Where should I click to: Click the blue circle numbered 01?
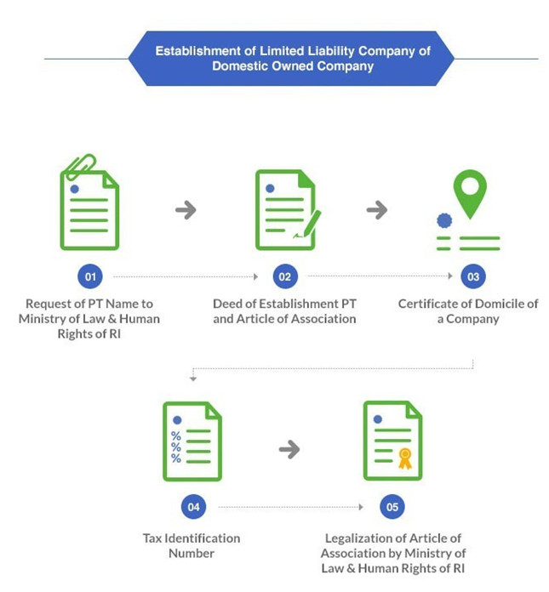pos(90,276)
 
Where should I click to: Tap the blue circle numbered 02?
pos(285,276)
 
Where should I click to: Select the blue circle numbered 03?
pos(473,276)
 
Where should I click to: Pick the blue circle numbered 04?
pos(193,507)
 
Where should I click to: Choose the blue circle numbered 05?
pos(392,507)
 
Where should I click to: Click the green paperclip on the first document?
pos(80,167)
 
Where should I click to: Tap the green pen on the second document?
pos(309,225)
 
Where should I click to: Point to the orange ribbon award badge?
pos(405,458)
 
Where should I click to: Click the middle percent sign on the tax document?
pos(176,447)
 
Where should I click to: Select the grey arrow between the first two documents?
pos(186,210)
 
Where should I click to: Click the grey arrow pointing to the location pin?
pos(377,210)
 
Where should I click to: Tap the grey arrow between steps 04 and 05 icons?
pos(289,449)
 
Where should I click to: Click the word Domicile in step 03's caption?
pos(492,304)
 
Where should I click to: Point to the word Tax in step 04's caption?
pos(152,538)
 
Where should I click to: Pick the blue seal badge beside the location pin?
pos(444,220)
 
